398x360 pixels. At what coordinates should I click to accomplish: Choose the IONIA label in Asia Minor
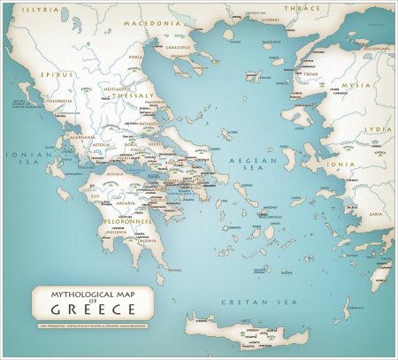(338, 164)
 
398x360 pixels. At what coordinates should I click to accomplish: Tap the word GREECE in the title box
(86, 310)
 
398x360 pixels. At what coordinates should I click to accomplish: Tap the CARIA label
(377, 213)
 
